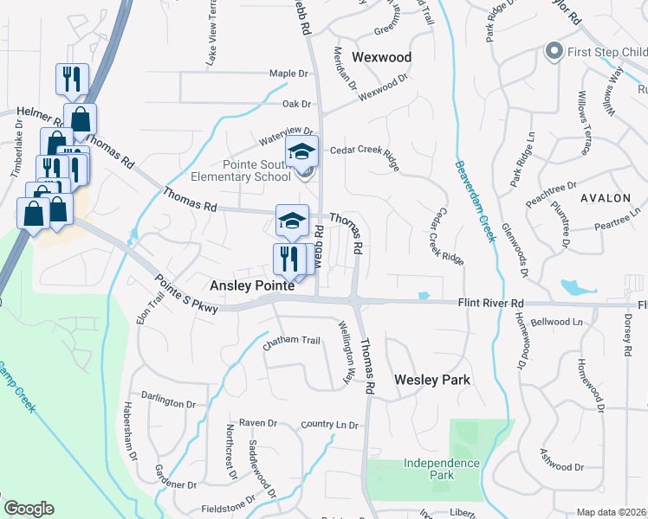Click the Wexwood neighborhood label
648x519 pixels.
click(381, 57)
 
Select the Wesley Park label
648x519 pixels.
click(432, 380)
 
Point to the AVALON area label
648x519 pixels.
click(606, 198)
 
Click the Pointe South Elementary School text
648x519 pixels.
click(244, 170)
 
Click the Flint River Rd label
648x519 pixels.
click(491, 304)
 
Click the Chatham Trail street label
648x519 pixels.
click(292, 341)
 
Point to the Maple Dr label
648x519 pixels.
click(288, 74)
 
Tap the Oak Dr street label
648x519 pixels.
click(296, 104)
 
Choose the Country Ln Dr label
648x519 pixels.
click(329, 425)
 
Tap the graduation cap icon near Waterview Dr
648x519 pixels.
click(302, 152)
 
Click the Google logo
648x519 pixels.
click(29, 509)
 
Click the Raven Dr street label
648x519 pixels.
click(258, 424)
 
